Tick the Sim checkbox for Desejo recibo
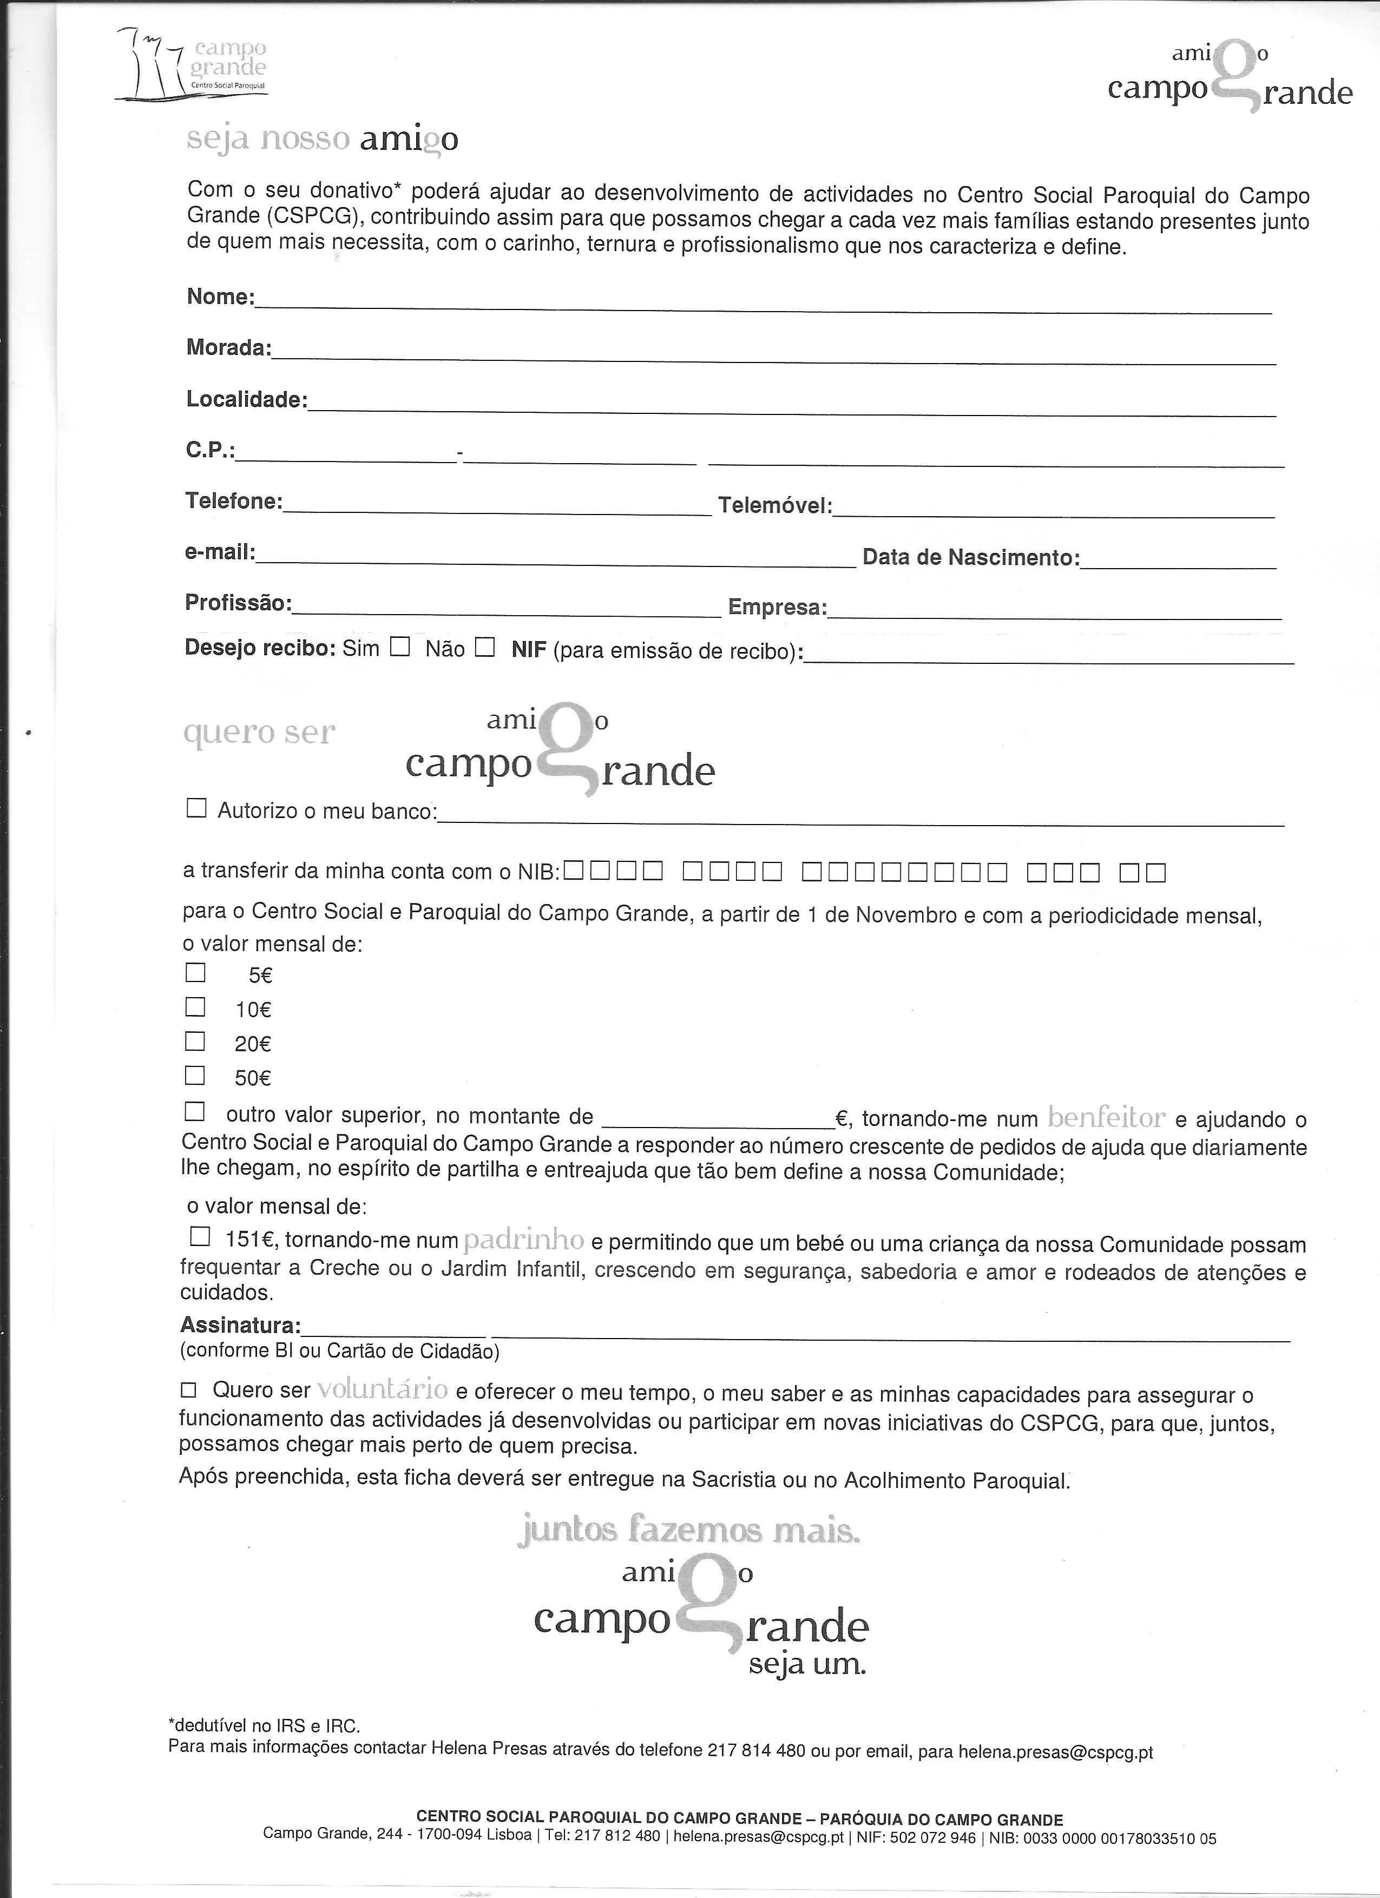tap(400, 647)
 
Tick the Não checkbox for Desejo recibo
tap(484, 647)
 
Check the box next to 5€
tap(195, 972)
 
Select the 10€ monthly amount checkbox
tap(195, 1007)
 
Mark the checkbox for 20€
tap(195, 1041)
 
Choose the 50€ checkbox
tap(195, 1076)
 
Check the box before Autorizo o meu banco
tap(196, 808)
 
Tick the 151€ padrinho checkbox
tap(201, 1236)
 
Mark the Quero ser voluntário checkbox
tap(188, 1390)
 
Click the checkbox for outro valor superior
tap(194, 1112)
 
